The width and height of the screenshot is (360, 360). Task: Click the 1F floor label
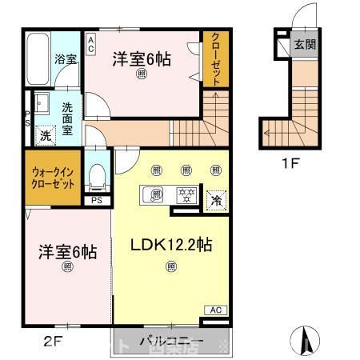[290, 166]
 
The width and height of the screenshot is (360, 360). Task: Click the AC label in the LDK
[215, 310]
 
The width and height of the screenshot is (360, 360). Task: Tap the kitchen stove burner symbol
[186, 194]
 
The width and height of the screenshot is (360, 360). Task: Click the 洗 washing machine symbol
[46, 136]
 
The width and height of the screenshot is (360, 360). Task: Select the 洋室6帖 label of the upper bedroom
[142, 59]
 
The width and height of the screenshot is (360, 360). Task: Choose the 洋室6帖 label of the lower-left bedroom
[68, 252]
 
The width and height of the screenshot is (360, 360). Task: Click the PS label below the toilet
[97, 201]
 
